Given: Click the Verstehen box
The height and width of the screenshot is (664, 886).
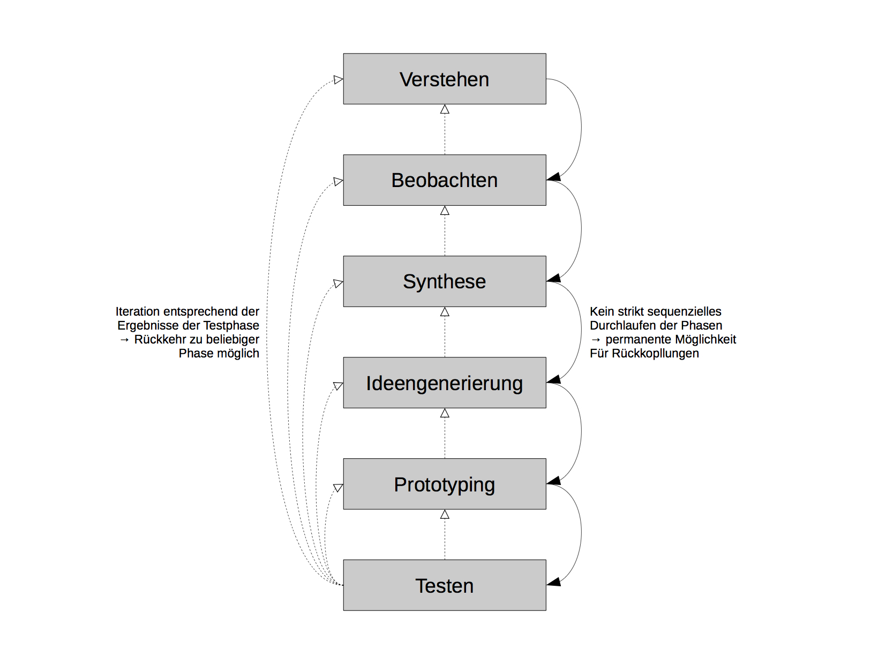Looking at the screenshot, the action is [x=445, y=79].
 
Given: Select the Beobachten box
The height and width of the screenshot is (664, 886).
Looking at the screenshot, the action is [x=445, y=180].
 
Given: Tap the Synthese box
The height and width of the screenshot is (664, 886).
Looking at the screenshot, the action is [x=445, y=281].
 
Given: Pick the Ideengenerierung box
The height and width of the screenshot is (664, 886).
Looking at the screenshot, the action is [x=445, y=383].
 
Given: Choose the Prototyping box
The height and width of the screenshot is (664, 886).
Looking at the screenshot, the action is [x=445, y=484].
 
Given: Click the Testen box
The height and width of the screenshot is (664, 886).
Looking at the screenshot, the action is [x=445, y=585].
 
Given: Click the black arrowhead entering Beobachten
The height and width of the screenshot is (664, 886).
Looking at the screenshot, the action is [x=553, y=177].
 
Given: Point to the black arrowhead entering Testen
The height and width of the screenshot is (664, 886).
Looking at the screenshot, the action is [x=553, y=582].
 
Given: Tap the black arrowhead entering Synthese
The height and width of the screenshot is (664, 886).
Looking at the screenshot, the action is [x=553, y=278].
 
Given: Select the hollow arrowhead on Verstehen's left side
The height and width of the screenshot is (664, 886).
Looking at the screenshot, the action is [x=338, y=79].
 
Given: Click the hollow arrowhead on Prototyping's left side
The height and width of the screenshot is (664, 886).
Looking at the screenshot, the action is [x=338, y=488].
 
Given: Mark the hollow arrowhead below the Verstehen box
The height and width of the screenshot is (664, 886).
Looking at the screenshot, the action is [x=445, y=109].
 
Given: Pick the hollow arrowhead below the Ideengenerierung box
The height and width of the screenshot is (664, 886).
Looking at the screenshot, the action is [x=445, y=413].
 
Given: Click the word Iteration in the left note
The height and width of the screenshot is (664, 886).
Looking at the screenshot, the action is [x=138, y=311].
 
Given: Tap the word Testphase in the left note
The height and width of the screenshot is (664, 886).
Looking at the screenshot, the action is [x=231, y=325].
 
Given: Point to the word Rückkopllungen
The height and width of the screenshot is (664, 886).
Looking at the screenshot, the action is [x=655, y=354].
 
